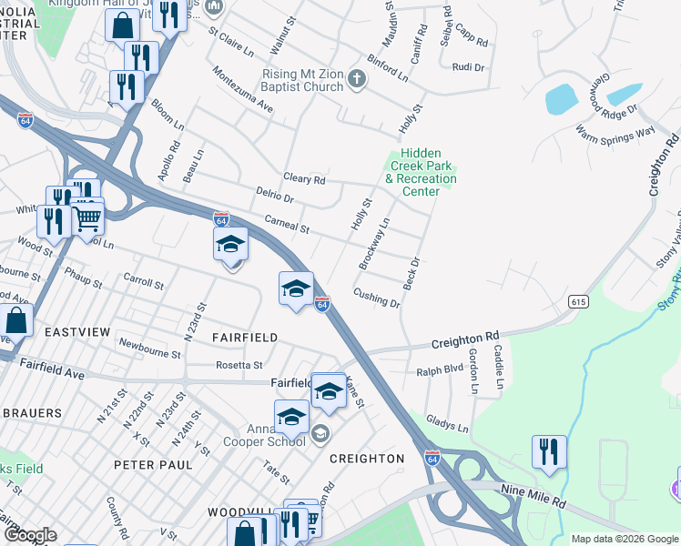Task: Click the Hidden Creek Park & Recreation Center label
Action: [421, 173]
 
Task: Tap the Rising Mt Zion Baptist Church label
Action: [300, 80]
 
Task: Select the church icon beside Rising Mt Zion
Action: [356, 81]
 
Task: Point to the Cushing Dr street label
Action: [376, 298]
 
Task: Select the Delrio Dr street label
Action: [274, 197]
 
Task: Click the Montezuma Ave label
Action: [242, 89]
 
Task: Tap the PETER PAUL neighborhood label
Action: [153, 464]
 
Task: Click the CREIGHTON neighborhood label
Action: [366, 459]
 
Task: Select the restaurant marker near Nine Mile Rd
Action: [549, 451]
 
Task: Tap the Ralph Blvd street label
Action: [440, 370]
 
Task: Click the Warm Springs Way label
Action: [615, 132]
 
